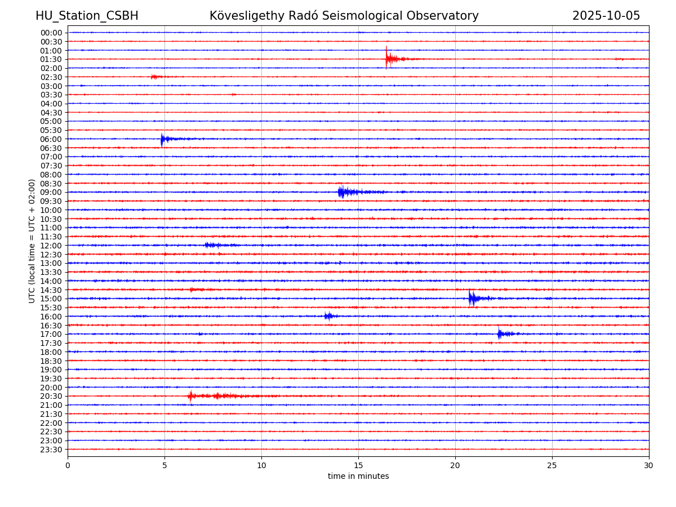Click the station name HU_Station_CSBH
[x=87, y=16]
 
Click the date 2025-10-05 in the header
[x=606, y=16]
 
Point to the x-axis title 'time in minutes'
[x=358, y=477]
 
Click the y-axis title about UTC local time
[x=32, y=241]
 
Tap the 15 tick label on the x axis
[x=358, y=465]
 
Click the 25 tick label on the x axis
[x=552, y=465]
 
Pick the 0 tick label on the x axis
[x=68, y=465]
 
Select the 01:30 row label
[x=51, y=59]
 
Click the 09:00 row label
[x=51, y=192]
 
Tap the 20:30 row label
[x=51, y=396]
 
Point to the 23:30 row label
[x=51, y=450]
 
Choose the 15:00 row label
[x=51, y=299]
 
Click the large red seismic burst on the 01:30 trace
[x=389, y=59]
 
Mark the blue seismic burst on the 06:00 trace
[x=163, y=139]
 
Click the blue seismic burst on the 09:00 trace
[x=343, y=192]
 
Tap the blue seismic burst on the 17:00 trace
[x=501, y=333]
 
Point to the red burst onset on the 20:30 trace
[x=190, y=396]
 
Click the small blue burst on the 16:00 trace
[x=328, y=316]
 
